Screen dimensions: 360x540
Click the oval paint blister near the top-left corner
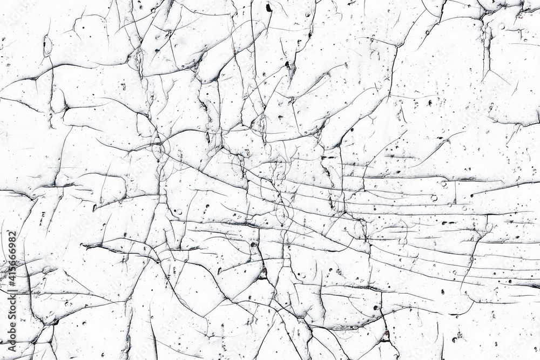[x=48, y=45]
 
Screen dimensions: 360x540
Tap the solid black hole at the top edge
[x=268, y=7]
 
